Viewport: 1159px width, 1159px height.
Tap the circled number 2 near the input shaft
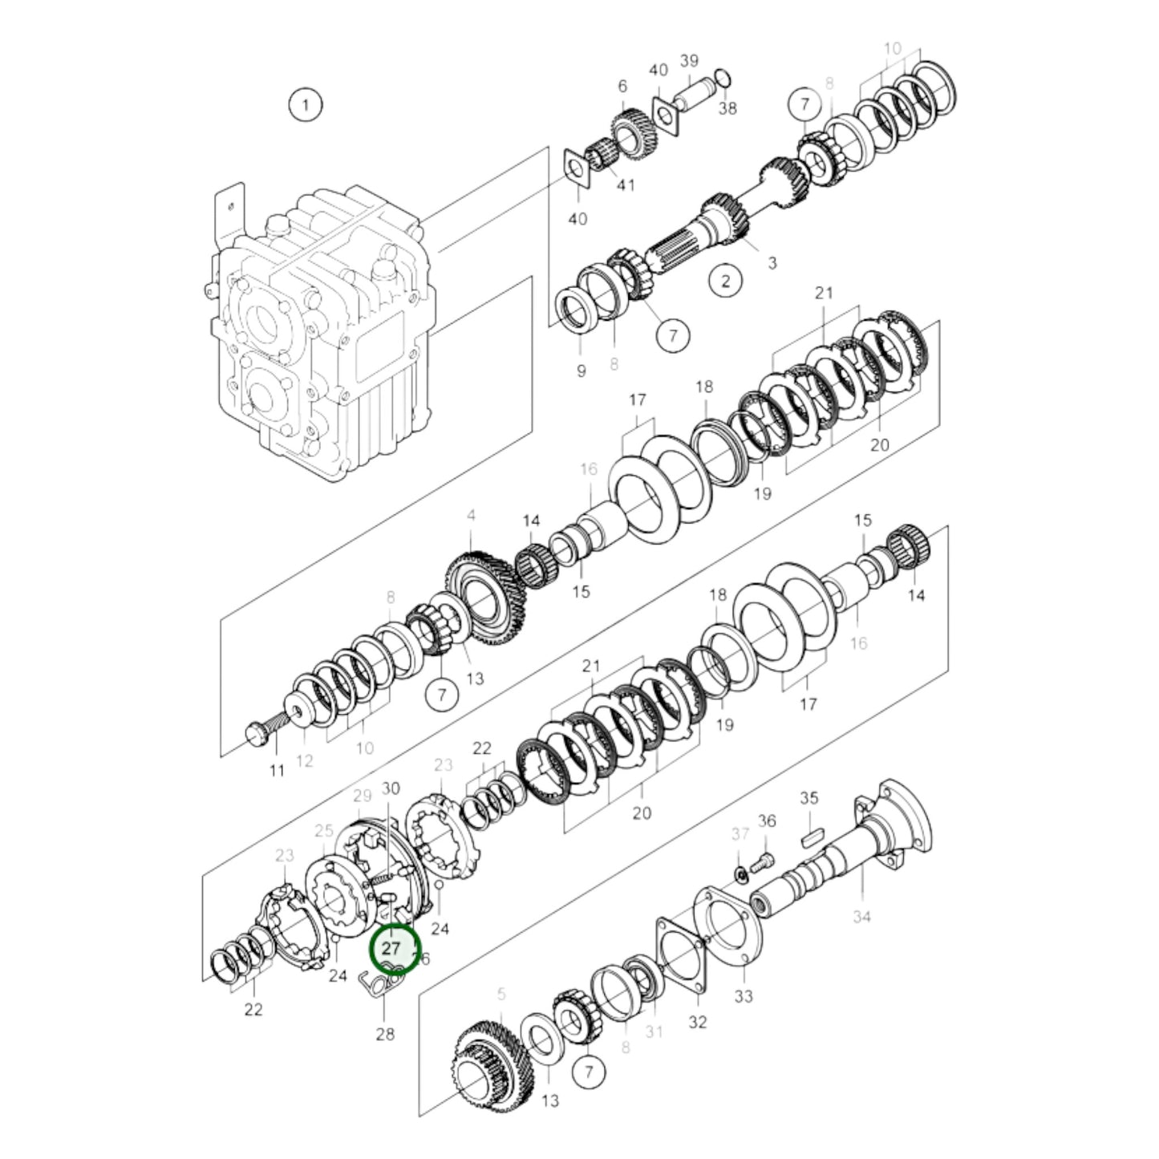click(x=726, y=281)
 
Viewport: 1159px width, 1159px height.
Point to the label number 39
click(x=689, y=61)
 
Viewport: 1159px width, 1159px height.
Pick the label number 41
click(x=626, y=185)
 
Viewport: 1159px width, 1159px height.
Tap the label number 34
click(x=861, y=916)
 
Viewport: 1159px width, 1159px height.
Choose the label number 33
click(x=744, y=997)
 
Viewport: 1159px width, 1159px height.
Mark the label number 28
click(x=385, y=1034)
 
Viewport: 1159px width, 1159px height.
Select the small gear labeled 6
click(x=634, y=133)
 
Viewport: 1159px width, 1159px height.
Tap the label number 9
click(x=581, y=371)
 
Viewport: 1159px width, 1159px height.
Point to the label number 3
click(x=772, y=262)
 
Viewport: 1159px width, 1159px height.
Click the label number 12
click(x=304, y=761)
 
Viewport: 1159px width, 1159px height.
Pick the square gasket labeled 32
click(x=682, y=958)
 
